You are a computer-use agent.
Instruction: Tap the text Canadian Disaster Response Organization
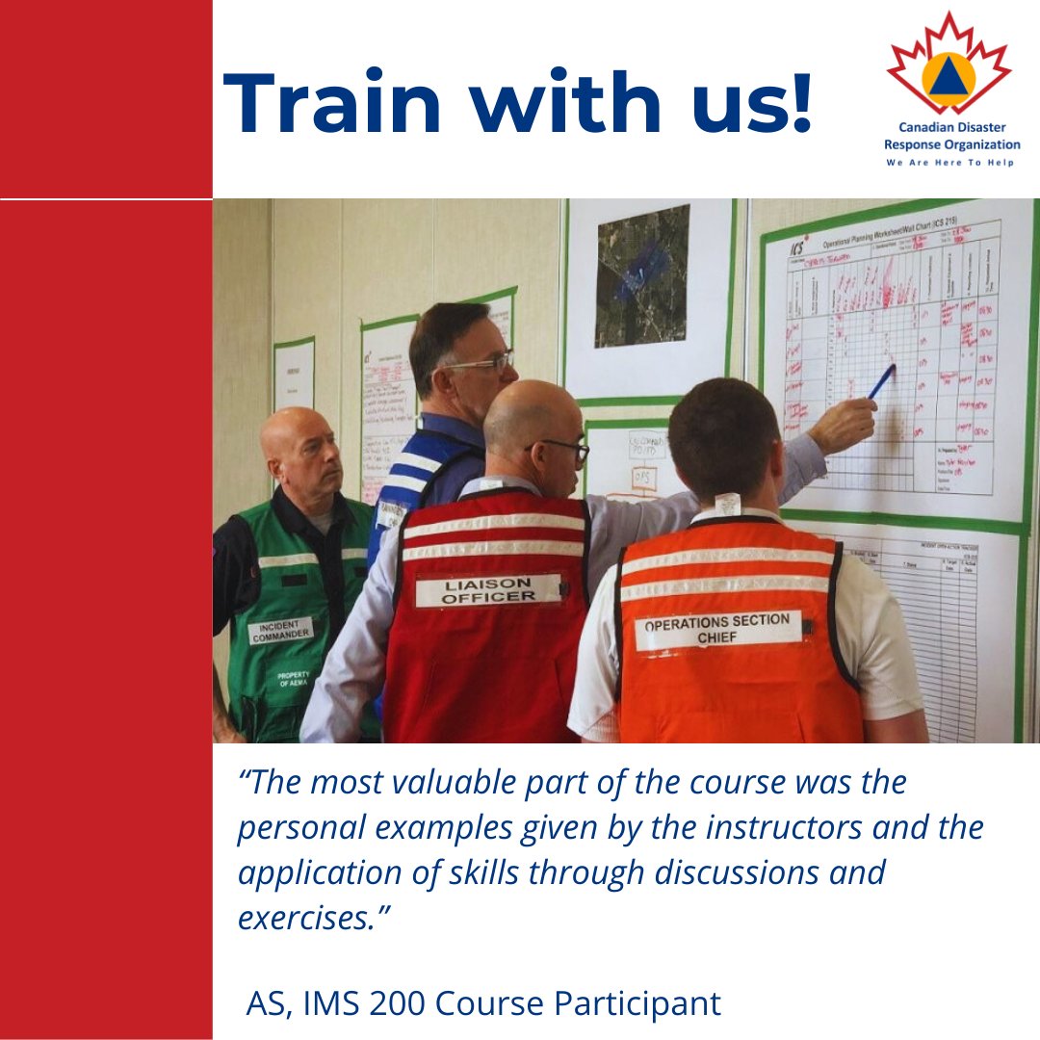(x=951, y=136)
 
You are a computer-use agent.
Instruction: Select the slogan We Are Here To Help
(x=950, y=163)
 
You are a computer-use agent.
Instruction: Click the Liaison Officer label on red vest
(x=488, y=590)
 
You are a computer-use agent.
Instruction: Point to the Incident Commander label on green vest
(x=281, y=631)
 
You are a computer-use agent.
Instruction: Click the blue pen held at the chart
(x=881, y=381)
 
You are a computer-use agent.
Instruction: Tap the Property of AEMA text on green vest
(x=293, y=680)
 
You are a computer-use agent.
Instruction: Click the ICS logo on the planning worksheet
(x=798, y=247)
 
